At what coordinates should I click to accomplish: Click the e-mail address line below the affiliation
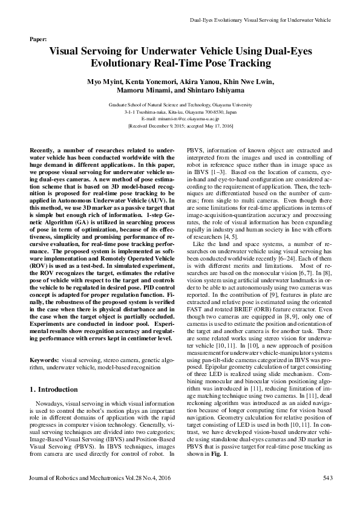point(180,119)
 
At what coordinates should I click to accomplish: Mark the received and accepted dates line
point(180,126)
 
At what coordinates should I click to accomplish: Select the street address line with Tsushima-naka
point(180,112)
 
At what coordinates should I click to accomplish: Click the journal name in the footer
point(97,495)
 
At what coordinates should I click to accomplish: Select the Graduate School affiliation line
point(180,105)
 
